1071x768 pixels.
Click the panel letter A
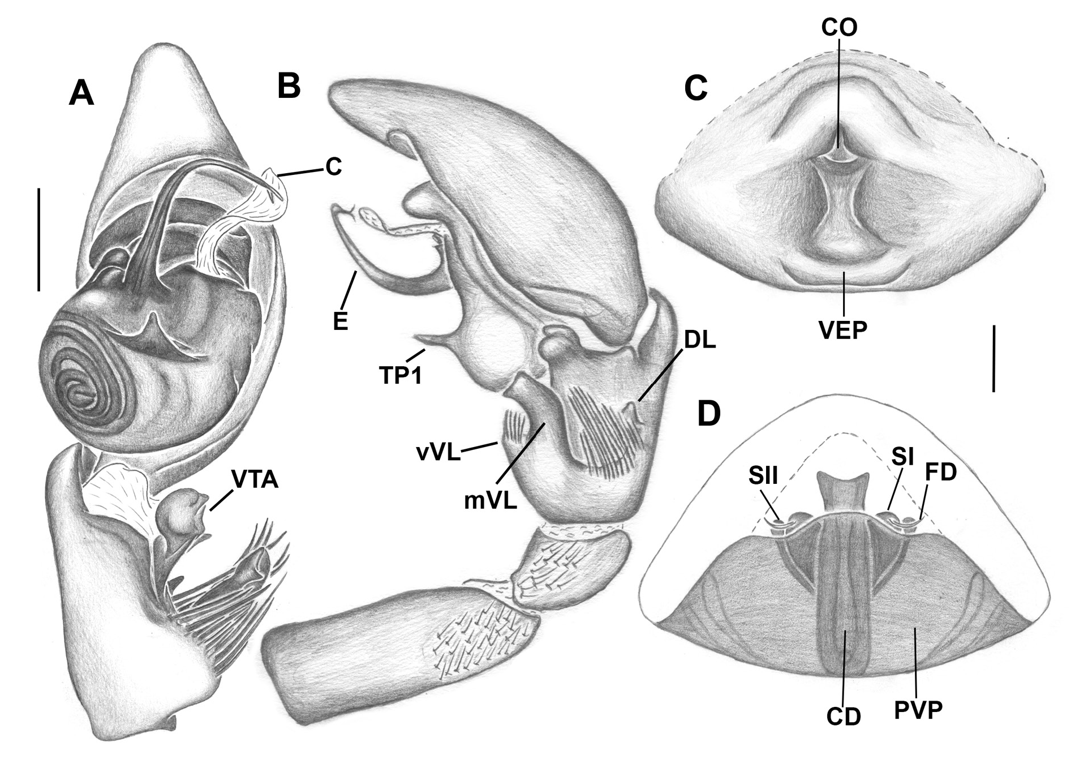pyautogui.click(x=81, y=93)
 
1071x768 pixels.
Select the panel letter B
pyautogui.click(x=289, y=86)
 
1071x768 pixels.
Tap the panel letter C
pyautogui.click(x=695, y=87)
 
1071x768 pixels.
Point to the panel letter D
pyautogui.click(x=709, y=414)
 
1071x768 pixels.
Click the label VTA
pyautogui.click(x=254, y=480)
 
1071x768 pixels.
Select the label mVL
pyautogui.click(x=491, y=501)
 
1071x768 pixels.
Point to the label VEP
pyautogui.click(x=842, y=329)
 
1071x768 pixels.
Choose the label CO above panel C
pyautogui.click(x=839, y=27)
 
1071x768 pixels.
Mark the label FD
pyautogui.click(x=940, y=472)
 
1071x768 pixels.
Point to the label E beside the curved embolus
pyautogui.click(x=339, y=321)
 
